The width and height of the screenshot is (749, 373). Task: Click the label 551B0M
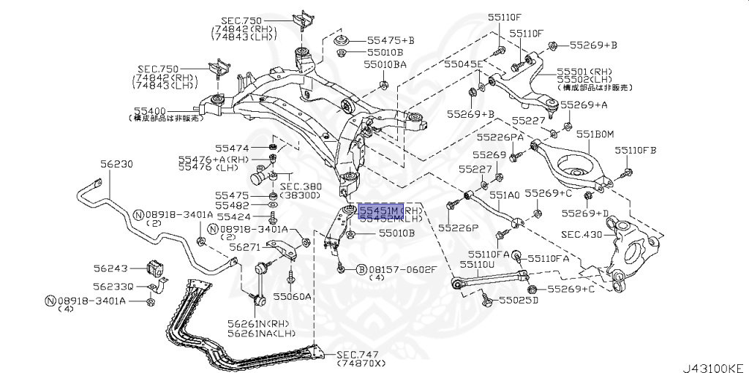(595, 134)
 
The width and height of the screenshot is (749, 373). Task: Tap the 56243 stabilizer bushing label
(110, 268)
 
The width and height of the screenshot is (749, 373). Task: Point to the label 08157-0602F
(403, 269)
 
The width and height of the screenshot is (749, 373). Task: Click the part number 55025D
(519, 300)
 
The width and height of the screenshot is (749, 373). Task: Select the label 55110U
(477, 263)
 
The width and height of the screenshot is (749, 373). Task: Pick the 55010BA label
(385, 64)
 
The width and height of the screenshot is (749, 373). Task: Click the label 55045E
(464, 64)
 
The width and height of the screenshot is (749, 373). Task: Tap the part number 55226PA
(500, 137)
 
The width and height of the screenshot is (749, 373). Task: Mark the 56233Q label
(113, 286)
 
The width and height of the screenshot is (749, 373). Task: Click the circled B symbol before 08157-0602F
(361, 269)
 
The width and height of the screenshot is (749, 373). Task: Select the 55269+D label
(585, 214)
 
